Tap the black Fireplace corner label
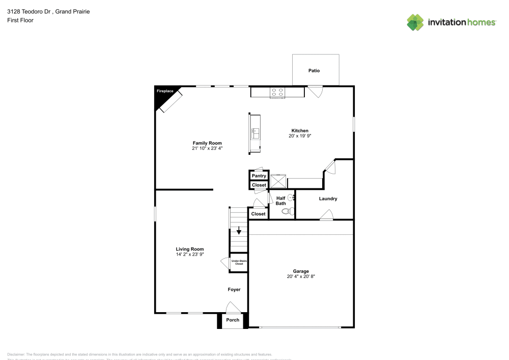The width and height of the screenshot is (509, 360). coord(164,92)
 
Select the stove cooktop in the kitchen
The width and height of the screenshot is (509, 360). coord(277,92)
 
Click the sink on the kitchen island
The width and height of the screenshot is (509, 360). coord(256,133)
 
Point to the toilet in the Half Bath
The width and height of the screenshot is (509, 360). coord(286,210)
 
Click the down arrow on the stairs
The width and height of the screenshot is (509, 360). coord(239,231)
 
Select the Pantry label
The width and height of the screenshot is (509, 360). coord(259,176)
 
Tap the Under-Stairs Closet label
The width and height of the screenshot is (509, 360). coord(238,263)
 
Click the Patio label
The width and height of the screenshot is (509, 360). coord(315,71)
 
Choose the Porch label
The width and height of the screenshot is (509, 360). coord(233,320)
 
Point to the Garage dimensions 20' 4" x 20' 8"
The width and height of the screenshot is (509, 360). coord(301,277)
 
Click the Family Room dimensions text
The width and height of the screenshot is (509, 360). coord(207,149)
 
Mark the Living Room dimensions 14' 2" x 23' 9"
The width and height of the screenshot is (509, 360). coord(190,255)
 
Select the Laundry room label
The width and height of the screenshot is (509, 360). coord(328,199)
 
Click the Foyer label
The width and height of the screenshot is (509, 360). coord(234,290)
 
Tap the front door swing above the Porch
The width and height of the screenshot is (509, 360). coord(233,307)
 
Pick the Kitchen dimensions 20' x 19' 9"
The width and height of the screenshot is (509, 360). coord(300,136)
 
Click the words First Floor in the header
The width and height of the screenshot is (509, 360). coord(20,20)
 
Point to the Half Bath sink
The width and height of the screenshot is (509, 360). coord(291,197)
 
